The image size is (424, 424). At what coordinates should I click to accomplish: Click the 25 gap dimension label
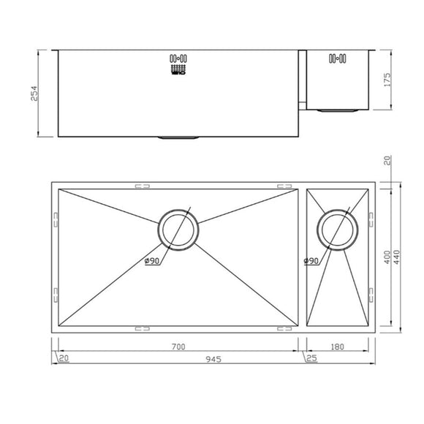312,358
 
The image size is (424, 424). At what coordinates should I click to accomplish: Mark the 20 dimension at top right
388,162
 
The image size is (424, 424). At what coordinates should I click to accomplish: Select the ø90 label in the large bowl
153,262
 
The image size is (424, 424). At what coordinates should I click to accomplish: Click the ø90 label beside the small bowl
311,261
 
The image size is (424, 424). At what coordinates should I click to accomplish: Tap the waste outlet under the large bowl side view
178,137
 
